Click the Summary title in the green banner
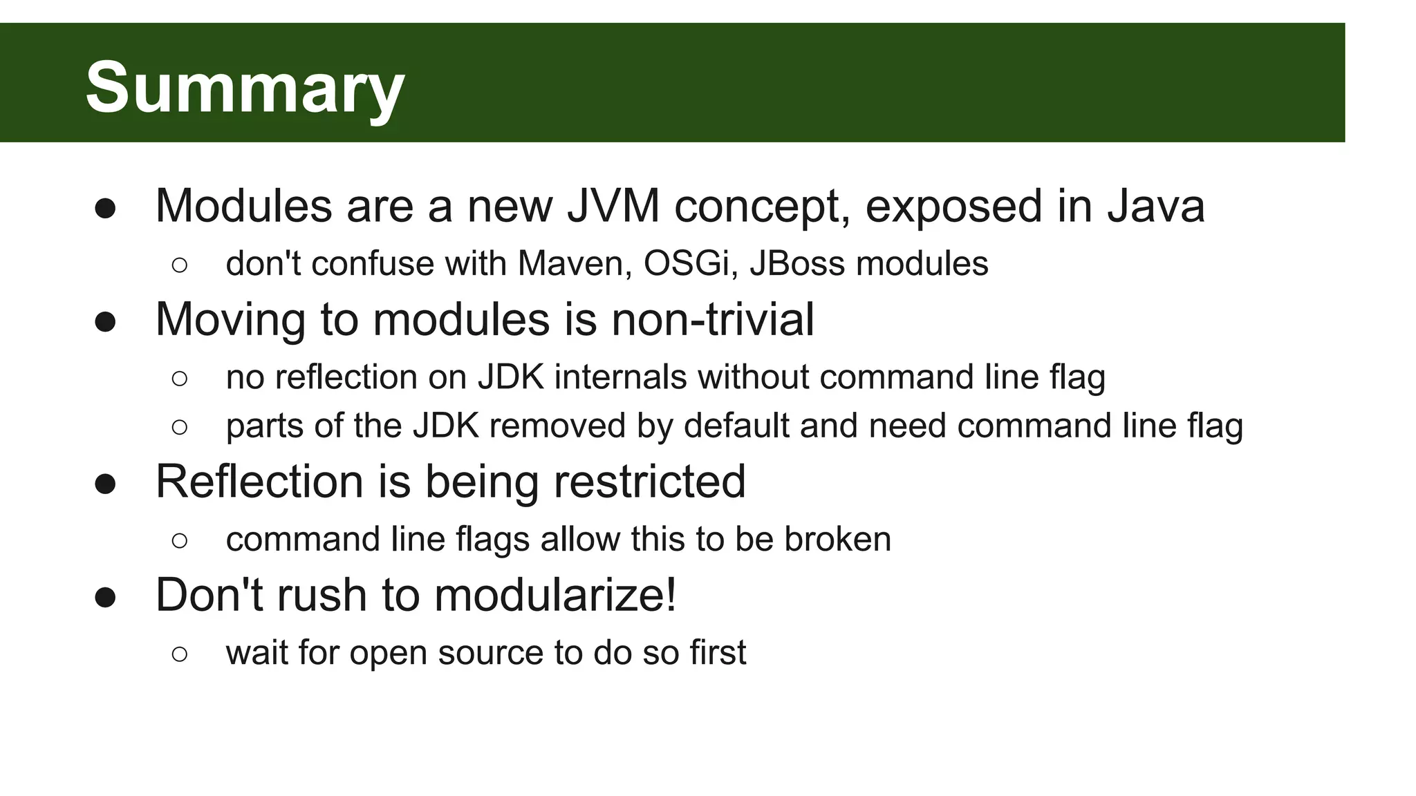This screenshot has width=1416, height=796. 245,88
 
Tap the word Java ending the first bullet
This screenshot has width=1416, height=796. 1156,206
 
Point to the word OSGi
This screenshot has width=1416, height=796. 686,263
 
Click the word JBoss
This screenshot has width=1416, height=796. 797,263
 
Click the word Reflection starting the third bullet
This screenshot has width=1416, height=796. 259,482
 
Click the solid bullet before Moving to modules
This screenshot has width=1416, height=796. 105,322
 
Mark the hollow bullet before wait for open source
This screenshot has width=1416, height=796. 179,654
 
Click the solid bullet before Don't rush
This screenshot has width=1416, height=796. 105,598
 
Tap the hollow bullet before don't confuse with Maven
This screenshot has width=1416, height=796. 179,265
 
